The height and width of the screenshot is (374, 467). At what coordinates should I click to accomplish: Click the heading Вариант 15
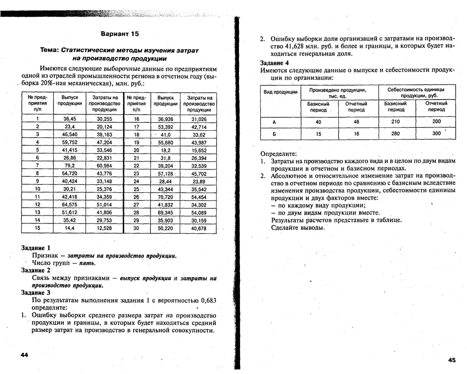tap(120, 34)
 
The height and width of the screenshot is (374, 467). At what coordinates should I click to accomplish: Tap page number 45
tap(451, 360)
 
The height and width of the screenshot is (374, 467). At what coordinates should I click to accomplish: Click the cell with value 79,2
tap(69, 165)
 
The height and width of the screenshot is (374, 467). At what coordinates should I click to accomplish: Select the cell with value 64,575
tap(69, 205)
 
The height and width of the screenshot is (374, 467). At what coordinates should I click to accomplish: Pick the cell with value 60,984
tap(104, 165)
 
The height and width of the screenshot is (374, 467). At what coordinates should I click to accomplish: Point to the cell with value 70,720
tap(165, 197)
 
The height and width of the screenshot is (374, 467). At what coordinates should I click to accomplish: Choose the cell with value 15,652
tap(199, 150)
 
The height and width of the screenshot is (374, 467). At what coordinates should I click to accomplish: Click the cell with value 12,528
tap(104, 228)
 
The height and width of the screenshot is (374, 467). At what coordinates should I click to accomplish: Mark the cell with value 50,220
tap(165, 228)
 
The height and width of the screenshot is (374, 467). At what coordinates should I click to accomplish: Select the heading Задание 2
tap(36, 270)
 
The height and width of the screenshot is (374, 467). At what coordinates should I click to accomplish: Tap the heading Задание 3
tap(36, 293)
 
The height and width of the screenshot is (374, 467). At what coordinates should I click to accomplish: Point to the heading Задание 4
tap(275, 63)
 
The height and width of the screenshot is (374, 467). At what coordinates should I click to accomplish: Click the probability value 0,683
tap(205, 301)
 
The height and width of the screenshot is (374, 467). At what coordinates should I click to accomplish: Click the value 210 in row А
tap(396, 122)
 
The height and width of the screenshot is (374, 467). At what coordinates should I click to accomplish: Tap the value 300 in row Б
tap(436, 134)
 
